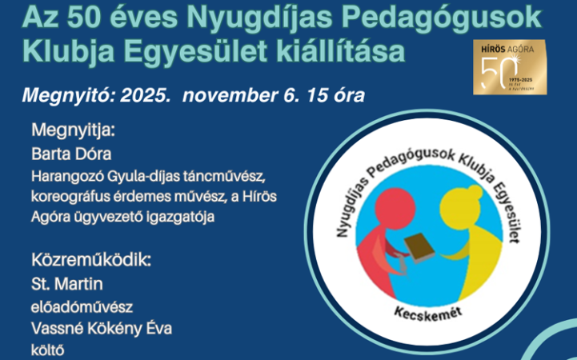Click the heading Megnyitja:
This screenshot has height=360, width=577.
tap(73, 130)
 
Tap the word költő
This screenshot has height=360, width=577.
tap(48, 350)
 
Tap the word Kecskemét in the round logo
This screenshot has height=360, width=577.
tap(420, 308)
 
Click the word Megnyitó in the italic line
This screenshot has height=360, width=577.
tap(67, 95)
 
